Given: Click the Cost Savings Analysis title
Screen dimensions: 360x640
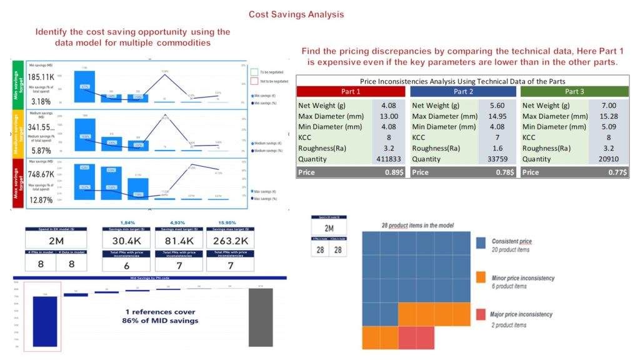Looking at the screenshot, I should [x=296, y=14].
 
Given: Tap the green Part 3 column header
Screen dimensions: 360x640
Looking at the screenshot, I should [x=574, y=91].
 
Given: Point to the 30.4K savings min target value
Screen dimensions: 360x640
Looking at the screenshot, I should [x=127, y=241].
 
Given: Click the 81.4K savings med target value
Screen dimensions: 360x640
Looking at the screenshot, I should [x=179, y=241].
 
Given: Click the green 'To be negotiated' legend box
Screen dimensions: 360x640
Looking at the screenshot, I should [x=253, y=71].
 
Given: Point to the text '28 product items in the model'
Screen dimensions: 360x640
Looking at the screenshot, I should [x=418, y=225].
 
